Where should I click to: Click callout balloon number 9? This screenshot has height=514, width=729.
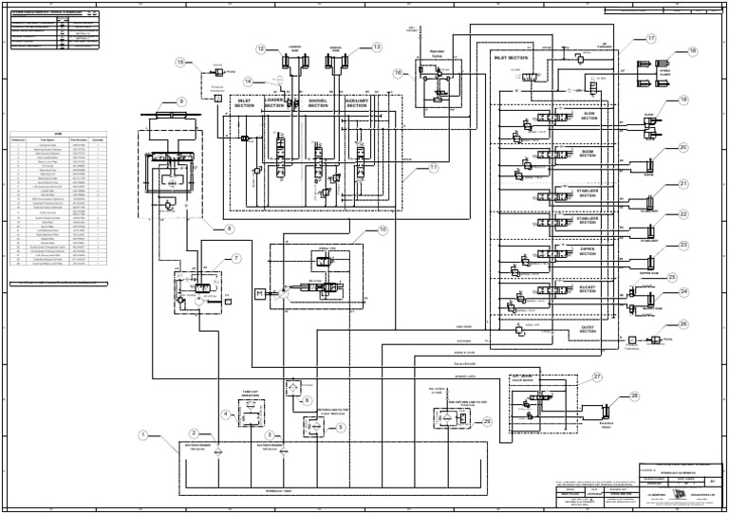[181, 101]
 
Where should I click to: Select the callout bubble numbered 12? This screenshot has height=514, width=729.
[260, 48]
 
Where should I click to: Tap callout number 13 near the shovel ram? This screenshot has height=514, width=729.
[377, 46]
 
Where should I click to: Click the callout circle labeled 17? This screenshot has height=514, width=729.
[651, 38]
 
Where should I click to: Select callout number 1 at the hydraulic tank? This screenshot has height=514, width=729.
[142, 435]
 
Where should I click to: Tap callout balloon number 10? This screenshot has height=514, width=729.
[383, 229]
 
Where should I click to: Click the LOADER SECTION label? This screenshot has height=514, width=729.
[275, 103]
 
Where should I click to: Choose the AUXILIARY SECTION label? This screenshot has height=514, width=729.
[356, 103]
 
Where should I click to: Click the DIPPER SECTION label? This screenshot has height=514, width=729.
[589, 252]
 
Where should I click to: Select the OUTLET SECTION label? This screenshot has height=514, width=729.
[589, 329]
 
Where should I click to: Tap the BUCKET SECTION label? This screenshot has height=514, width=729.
[589, 288]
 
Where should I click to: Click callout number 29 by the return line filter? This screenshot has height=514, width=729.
[487, 421]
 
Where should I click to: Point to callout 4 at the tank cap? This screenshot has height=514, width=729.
[225, 413]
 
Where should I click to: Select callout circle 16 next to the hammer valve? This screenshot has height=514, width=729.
[398, 72]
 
